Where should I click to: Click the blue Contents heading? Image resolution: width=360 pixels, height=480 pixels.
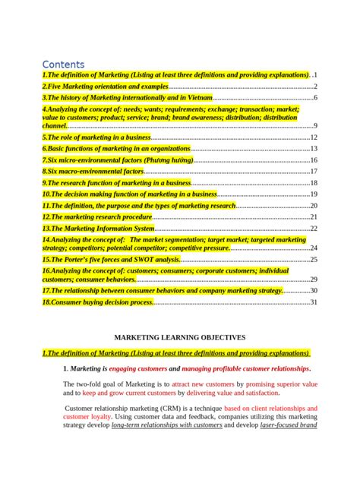[x=63, y=65]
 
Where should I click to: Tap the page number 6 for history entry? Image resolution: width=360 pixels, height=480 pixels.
[x=314, y=98]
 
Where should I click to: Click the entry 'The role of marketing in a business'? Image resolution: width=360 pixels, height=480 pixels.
[x=96, y=137]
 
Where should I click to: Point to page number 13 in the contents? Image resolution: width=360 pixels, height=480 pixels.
[x=313, y=149]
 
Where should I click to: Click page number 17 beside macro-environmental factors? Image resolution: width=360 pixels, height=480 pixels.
[x=313, y=172]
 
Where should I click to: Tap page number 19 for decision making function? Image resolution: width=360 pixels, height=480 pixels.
[x=313, y=194]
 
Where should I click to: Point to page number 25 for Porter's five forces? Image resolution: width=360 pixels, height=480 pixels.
[x=313, y=260]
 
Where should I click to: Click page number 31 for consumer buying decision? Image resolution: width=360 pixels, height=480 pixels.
[x=313, y=302]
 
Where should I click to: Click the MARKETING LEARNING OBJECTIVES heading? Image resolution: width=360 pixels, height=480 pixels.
[x=179, y=336]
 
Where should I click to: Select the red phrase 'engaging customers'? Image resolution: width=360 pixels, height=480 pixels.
[x=138, y=368]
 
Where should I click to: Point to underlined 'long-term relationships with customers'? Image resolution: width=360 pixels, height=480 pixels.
[x=166, y=426]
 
